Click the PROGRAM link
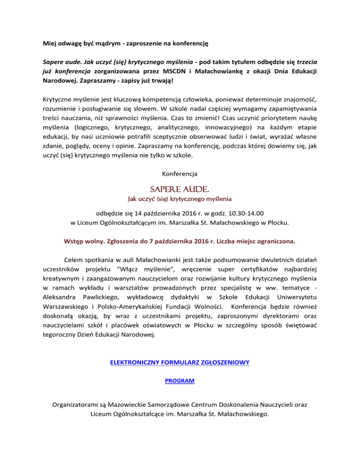pyautogui.click(x=180, y=382)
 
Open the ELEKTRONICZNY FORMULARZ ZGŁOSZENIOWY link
pyautogui.click(x=180, y=362)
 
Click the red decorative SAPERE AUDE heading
pyautogui.click(x=180, y=189)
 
